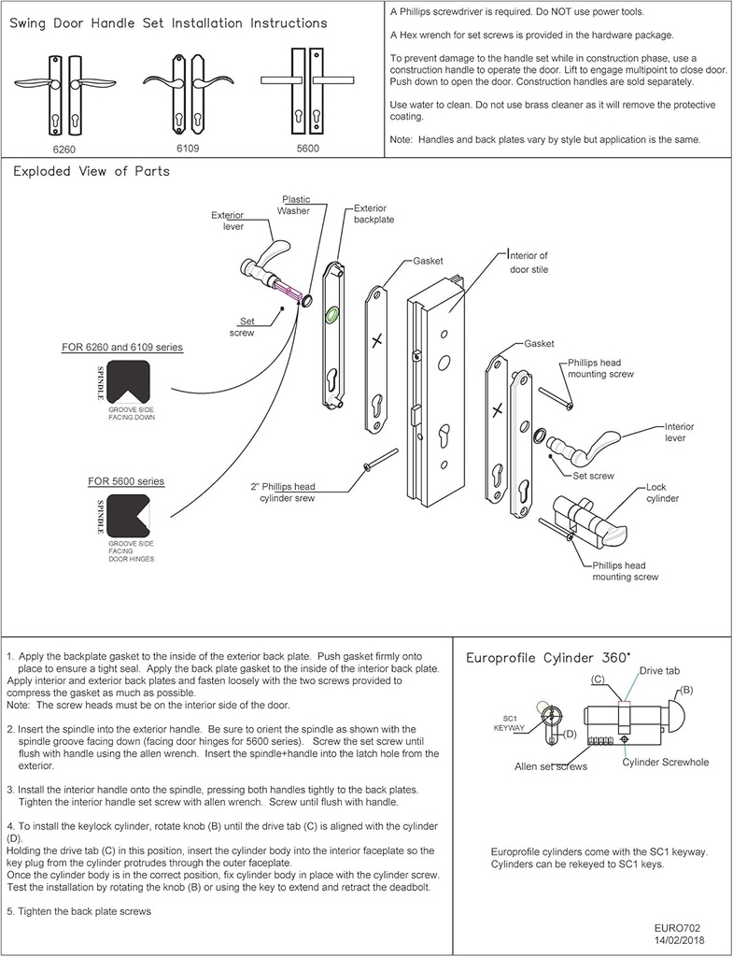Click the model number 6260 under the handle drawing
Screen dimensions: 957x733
pos(63,149)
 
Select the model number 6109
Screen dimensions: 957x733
pos(188,148)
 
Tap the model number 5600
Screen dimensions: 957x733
pos(308,149)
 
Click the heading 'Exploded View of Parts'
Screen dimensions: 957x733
pos(91,172)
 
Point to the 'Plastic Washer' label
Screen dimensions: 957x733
pos(296,205)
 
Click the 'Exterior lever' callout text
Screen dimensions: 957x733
pos(228,221)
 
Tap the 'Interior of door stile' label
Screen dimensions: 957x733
pos(529,262)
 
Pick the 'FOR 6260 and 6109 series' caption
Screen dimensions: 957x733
pos(122,348)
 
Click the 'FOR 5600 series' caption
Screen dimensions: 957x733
pos(126,481)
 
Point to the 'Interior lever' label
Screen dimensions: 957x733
pos(680,432)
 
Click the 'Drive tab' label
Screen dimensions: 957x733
pos(662,672)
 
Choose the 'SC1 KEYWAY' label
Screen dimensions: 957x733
pos(508,723)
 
